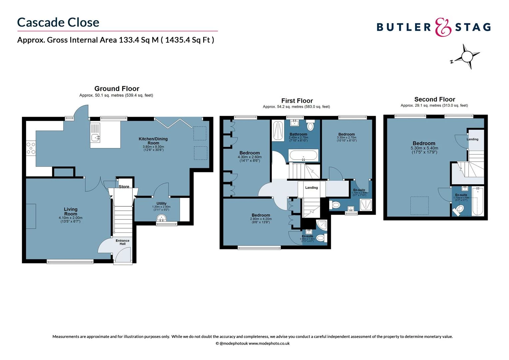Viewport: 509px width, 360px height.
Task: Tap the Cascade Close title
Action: pyautogui.click(x=58, y=22)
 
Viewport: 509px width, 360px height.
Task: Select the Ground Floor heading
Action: pyautogui.click(x=117, y=89)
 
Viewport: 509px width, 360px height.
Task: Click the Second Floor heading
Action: pyautogui.click(x=434, y=99)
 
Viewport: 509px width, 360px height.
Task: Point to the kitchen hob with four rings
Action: pyautogui.click(x=31, y=148)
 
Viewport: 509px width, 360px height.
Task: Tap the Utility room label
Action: pyautogui.click(x=161, y=203)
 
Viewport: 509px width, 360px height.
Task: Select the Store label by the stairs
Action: pyautogui.click(x=124, y=187)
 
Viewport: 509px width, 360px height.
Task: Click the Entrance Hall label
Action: pyautogui.click(x=123, y=242)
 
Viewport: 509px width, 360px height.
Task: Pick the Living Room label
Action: pyautogui.click(x=71, y=212)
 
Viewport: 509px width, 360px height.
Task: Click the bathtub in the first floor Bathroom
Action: pyautogui.click(x=303, y=155)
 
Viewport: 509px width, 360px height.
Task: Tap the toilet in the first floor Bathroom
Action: pyautogui.click(x=310, y=126)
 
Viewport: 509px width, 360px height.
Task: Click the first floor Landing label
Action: pyautogui.click(x=311, y=188)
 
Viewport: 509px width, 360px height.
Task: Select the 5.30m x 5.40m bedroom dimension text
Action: pyautogui.click(x=424, y=148)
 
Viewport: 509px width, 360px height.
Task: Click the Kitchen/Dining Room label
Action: pyautogui.click(x=153, y=141)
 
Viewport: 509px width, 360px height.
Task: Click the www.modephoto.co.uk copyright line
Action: pyautogui.click(x=253, y=343)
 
